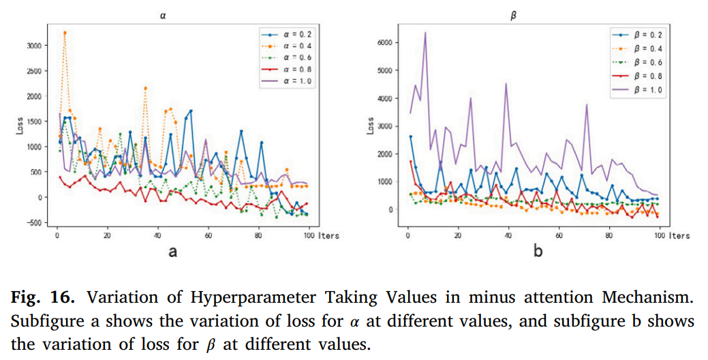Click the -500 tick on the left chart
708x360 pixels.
click(x=37, y=222)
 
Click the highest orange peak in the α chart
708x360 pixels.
click(x=65, y=32)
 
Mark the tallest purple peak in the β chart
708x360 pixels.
click(x=425, y=32)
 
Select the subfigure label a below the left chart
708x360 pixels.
click(x=173, y=253)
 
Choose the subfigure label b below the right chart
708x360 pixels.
click(x=538, y=253)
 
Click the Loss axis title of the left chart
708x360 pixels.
click(x=20, y=127)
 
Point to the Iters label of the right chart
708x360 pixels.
click(x=679, y=236)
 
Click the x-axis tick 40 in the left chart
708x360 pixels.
click(x=157, y=236)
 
